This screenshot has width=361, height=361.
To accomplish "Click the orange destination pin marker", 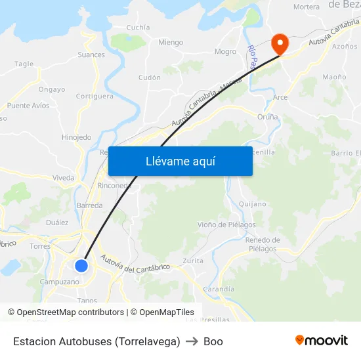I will pos(280,44).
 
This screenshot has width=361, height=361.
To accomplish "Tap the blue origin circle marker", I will pos(81,265).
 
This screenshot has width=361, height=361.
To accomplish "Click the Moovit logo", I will pos(321,341).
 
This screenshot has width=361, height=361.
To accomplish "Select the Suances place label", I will pos(91,54).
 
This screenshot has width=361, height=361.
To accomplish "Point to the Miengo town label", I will pos(171,43).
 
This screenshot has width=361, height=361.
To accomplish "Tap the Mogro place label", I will pos(225,51).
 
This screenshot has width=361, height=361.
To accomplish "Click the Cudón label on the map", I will pos(150,77).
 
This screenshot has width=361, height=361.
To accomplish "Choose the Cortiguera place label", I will pos(95,96).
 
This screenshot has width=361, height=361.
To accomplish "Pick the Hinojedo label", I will pos(76,137).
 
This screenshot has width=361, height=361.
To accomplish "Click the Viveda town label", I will pos(64,177).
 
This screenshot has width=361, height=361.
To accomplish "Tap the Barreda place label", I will pos(90,205).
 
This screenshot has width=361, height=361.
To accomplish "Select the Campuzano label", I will pos(60,282).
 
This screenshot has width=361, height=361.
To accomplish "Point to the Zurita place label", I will pos(193,261).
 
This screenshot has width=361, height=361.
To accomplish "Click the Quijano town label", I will pos(252,204).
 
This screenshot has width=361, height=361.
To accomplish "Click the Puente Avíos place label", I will pos(28,106).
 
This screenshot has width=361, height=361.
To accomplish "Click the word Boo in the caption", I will pos(213,341).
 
